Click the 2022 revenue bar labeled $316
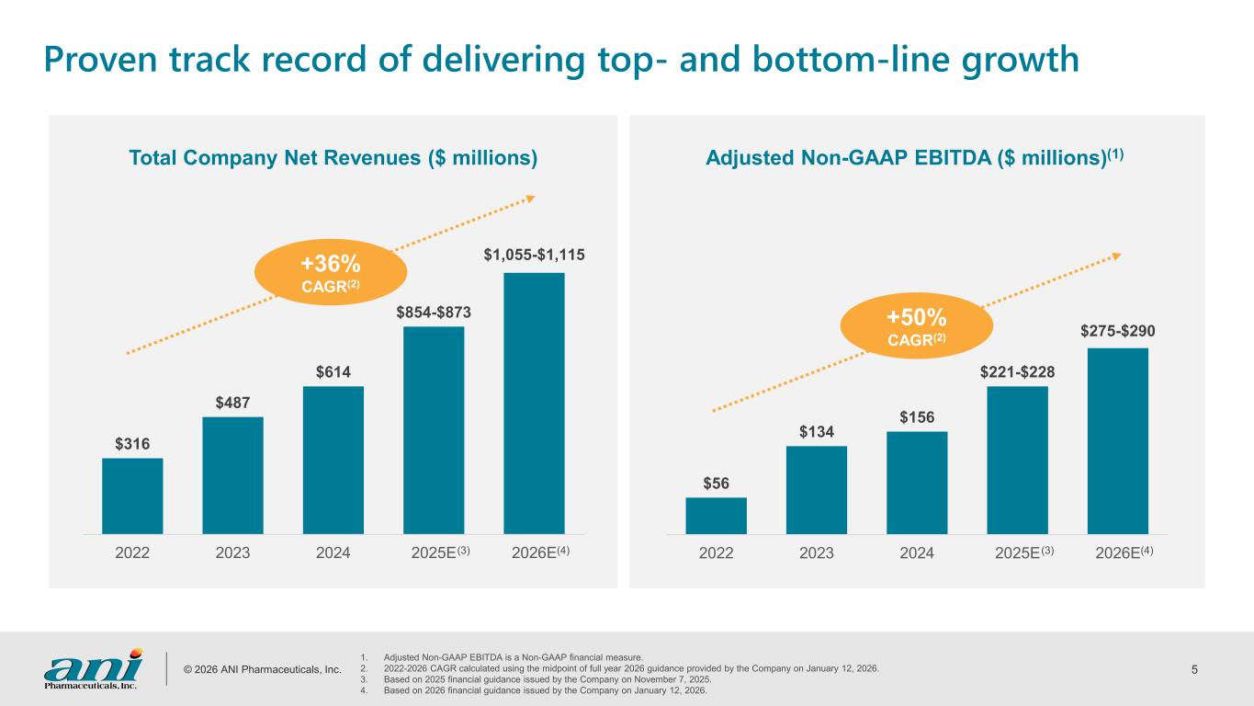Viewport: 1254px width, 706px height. point(132,495)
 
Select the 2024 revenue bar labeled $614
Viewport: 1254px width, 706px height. point(333,460)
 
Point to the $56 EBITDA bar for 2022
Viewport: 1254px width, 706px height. point(716,516)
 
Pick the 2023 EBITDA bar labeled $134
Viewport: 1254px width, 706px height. point(817,489)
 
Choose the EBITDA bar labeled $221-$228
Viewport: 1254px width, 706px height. point(1017,460)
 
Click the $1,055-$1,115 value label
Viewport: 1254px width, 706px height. point(535,254)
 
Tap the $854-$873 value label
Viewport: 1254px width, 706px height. point(434,313)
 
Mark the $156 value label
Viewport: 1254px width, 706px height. point(917,417)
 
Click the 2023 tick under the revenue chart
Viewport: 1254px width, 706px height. point(232,552)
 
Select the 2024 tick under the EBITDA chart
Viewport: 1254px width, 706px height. point(917,552)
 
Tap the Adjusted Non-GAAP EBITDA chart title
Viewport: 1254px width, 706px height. point(915,158)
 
